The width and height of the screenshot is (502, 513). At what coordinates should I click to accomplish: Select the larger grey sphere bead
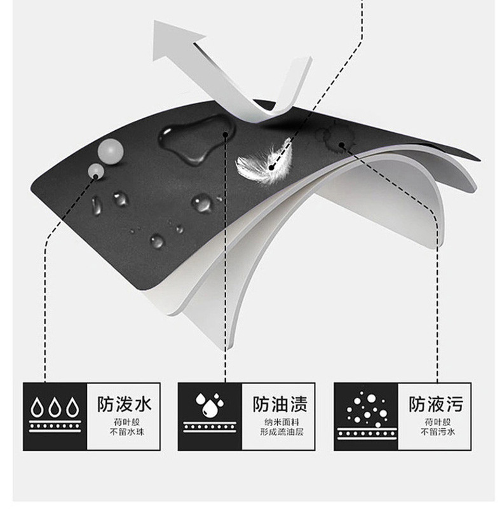(x=111, y=149)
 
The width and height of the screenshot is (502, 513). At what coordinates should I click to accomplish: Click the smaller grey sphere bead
(x=96, y=170)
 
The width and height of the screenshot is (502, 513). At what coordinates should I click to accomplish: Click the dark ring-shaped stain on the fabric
(x=336, y=137)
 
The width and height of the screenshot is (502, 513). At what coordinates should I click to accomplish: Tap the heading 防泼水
(x=125, y=404)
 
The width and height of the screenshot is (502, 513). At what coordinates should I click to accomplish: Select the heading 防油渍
(x=280, y=404)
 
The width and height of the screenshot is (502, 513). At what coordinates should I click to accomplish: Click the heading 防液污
(x=436, y=404)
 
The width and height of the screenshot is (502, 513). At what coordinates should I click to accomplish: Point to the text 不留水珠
(x=127, y=432)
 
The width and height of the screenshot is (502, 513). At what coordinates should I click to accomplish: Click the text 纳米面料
(x=282, y=422)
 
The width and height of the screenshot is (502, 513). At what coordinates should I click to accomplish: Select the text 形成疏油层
(x=282, y=432)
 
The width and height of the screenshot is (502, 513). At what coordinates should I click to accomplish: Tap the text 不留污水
(x=438, y=432)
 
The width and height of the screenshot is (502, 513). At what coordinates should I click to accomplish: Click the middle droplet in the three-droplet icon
(x=55, y=407)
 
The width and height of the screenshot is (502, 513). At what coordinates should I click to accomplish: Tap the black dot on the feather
(x=271, y=168)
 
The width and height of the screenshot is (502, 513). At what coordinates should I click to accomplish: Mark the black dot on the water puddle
(x=226, y=134)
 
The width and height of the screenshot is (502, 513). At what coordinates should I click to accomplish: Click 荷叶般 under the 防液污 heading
(x=438, y=422)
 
